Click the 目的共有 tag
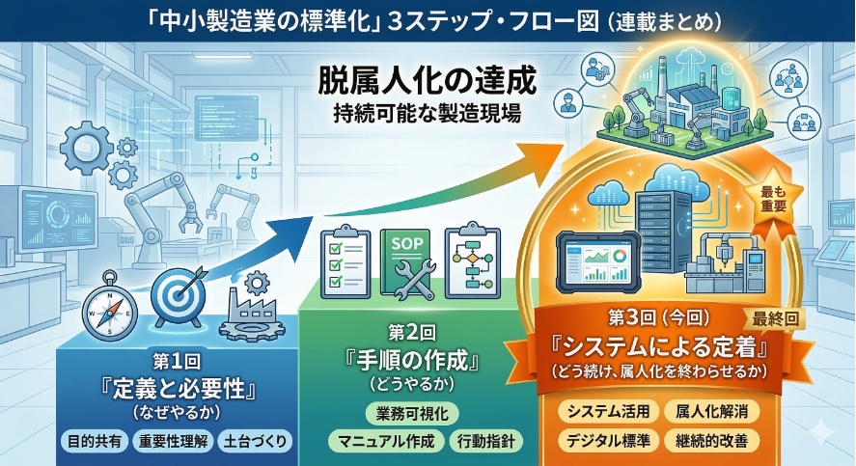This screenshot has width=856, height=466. [x=95, y=442]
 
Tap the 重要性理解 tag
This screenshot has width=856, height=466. [x=174, y=442]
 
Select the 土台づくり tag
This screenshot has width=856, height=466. [x=256, y=442]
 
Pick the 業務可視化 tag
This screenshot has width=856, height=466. [x=412, y=414]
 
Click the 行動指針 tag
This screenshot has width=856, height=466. [x=485, y=441]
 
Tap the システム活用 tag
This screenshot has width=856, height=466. [x=608, y=411]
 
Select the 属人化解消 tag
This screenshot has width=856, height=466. [x=712, y=411]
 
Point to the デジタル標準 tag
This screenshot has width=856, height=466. [x=608, y=440]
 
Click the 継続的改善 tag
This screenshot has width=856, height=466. [x=712, y=440]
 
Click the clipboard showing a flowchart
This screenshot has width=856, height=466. [x=472, y=261]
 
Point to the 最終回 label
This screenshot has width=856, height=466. [x=775, y=319]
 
